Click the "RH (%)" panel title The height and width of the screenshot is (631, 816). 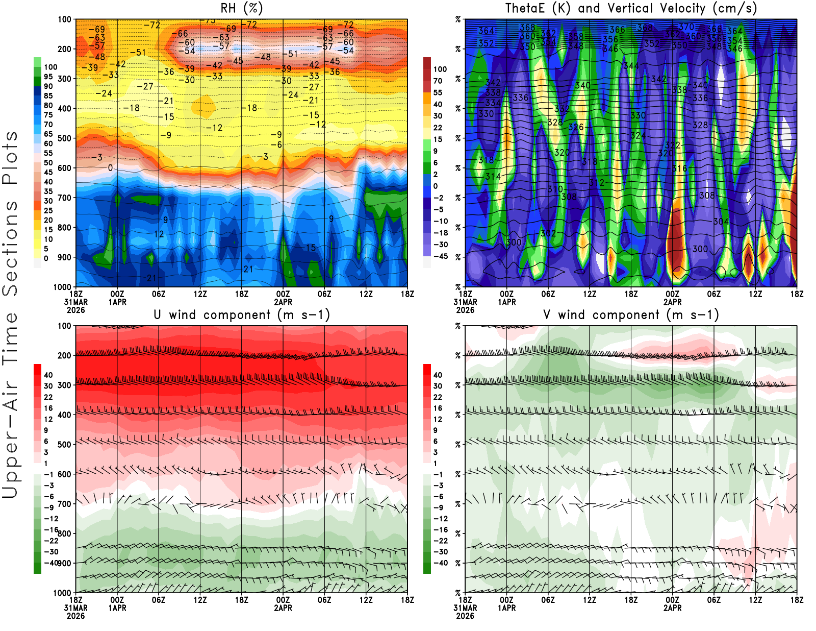pos(241,8)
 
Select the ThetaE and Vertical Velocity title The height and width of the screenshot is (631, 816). pos(631,8)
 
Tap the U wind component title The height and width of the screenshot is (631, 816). pos(242,314)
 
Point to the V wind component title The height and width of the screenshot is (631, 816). pos(631,314)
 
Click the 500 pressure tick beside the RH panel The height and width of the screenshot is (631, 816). pos(65,138)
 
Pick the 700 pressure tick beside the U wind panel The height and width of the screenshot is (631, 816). pos(65,504)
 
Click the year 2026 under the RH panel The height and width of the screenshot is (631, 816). pos(75,310)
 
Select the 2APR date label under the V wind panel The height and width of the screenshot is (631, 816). pos(672,608)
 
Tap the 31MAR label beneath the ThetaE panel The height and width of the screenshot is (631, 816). pos(465,302)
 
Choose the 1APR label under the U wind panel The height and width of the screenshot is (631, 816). pos(117,608)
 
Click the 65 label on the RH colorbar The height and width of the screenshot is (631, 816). pos(48,134)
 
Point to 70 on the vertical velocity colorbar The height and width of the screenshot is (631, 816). pos(438,81)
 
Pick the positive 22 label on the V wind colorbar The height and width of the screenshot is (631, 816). pos(438,397)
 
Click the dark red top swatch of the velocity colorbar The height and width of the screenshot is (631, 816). pos(427,63)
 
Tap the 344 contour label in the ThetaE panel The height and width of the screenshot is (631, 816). pos(631,66)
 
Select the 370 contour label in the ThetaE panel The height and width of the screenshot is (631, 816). pos(686,27)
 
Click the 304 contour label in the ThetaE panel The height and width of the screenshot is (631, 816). pos(721,221)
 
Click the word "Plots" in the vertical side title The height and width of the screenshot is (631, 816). pos(10,158)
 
